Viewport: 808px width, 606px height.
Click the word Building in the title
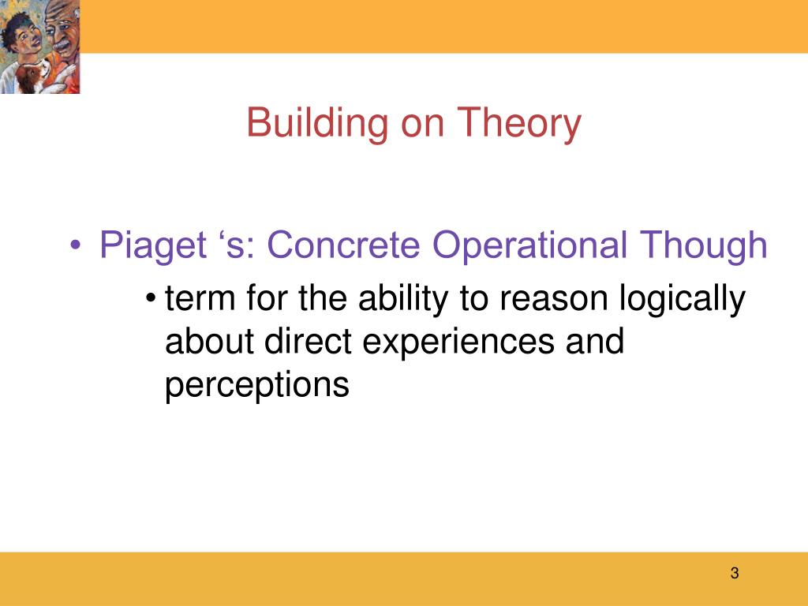click(317, 123)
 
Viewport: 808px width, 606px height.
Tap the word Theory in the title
click(519, 124)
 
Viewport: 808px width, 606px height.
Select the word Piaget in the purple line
click(153, 245)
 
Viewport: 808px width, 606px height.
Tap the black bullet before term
click(151, 297)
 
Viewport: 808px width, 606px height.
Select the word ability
click(403, 299)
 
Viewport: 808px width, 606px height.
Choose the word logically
click(683, 299)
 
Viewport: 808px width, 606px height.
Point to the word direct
click(308, 341)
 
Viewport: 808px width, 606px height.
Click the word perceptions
click(257, 385)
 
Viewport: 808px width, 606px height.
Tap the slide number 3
click(735, 573)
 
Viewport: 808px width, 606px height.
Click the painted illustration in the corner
click(39, 47)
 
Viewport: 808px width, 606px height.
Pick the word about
click(209, 341)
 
